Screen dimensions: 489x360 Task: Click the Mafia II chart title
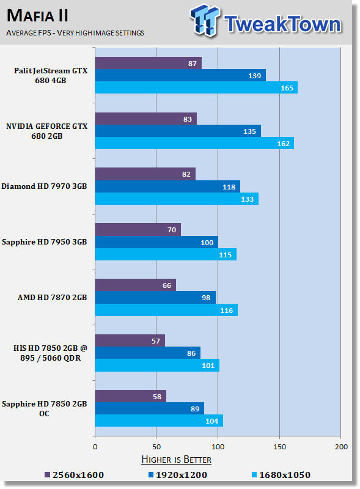(x=37, y=15)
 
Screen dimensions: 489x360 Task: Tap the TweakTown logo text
(x=282, y=24)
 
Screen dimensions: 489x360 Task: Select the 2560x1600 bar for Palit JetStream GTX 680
(x=148, y=63)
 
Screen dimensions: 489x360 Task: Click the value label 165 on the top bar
(x=287, y=88)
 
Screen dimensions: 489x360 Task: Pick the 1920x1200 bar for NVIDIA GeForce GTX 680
(x=177, y=131)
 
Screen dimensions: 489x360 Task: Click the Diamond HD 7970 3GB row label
(x=44, y=186)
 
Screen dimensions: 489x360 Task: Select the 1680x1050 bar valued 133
(x=176, y=199)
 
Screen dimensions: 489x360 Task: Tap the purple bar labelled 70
(x=138, y=230)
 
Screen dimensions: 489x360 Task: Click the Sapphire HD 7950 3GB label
(x=44, y=242)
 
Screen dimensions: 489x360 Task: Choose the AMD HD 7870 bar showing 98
(x=155, y=298)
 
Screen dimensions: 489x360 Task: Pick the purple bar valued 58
(x=130, y=396)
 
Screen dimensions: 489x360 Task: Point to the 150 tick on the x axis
(x=279, y=447)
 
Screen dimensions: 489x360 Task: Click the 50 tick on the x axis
(x=156, y=447)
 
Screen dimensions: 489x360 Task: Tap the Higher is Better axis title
(x=176, y=459)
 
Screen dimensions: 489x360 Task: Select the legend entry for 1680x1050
(x=281, y=475)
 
